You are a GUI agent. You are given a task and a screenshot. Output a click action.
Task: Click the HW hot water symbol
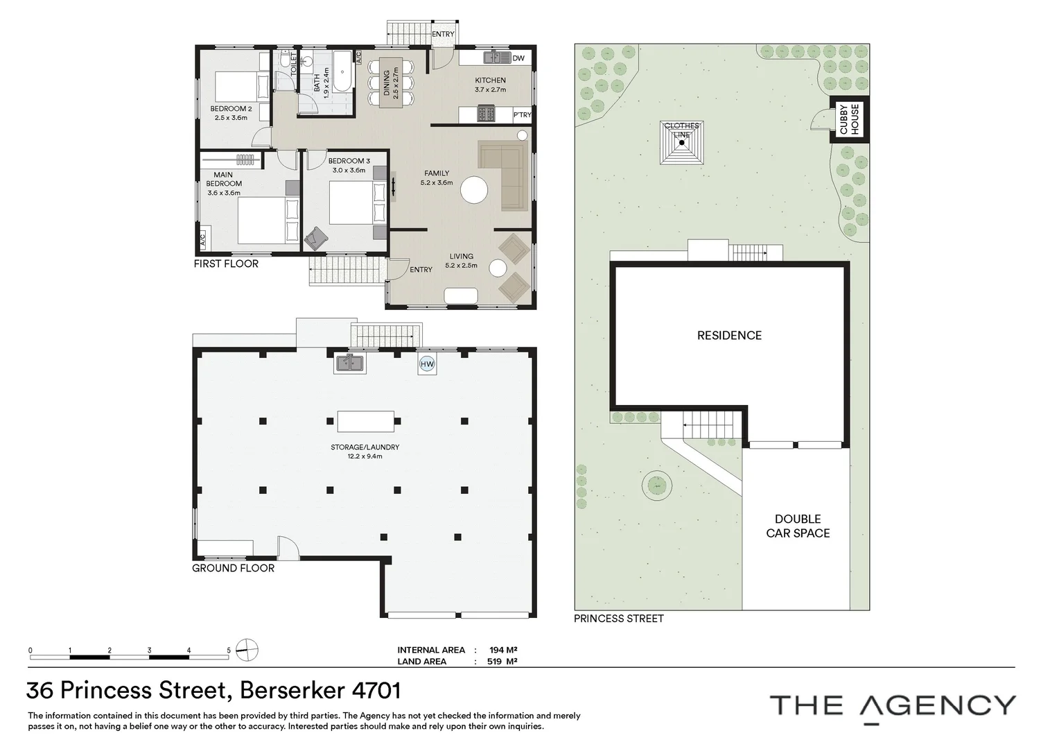[427, 363]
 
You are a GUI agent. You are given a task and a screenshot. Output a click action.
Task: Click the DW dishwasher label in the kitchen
[518, 58]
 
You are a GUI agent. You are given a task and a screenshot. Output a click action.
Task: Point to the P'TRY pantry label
[522, 115]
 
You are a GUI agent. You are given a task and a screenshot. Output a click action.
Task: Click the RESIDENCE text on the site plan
[729, 336]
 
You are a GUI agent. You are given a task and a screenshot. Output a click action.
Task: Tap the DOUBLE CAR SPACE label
[798, 526]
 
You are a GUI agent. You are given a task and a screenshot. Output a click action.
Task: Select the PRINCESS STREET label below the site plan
[618, 619]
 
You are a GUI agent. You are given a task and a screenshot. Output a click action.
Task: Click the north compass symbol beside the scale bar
[247, 651]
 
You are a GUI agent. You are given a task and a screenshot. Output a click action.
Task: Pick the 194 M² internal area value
[503, 650]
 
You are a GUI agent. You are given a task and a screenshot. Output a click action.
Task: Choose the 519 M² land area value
[503, 662]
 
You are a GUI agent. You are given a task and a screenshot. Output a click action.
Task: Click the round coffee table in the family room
[475, 189]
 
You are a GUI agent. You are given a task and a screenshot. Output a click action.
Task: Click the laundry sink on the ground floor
[350, 363]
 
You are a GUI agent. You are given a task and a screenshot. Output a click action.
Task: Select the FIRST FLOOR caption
[226, 264]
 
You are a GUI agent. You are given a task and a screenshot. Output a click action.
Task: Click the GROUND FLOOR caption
[233, 568]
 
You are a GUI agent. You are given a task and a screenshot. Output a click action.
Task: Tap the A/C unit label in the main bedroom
[202, 241]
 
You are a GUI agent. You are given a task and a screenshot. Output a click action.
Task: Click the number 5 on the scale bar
[229, 651]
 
